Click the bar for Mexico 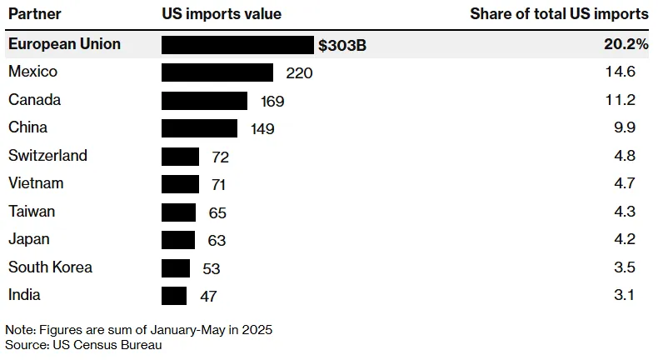tap(217, 72)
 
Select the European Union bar tap(237, 45)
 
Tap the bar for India tap(174, 296)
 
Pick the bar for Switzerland tap(181, 157)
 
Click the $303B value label tap(342, 45)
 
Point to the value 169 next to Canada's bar tap(272, 101)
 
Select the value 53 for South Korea tap(211, 268)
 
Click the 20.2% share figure tap(626, 43)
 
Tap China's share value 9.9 tap(625, 127)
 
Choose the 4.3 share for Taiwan tap(625, 211)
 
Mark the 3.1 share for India tap(625, 294)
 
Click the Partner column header tap(35, 14)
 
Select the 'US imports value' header tap(222, 14)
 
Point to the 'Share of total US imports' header tap(559, 14)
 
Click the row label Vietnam tap(36, 183)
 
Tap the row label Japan tap(29, 239)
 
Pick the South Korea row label tap(50, 267)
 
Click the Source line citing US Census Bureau tap(83, 345)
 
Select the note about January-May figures tap(139, 330)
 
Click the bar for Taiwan tap(179, 212)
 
